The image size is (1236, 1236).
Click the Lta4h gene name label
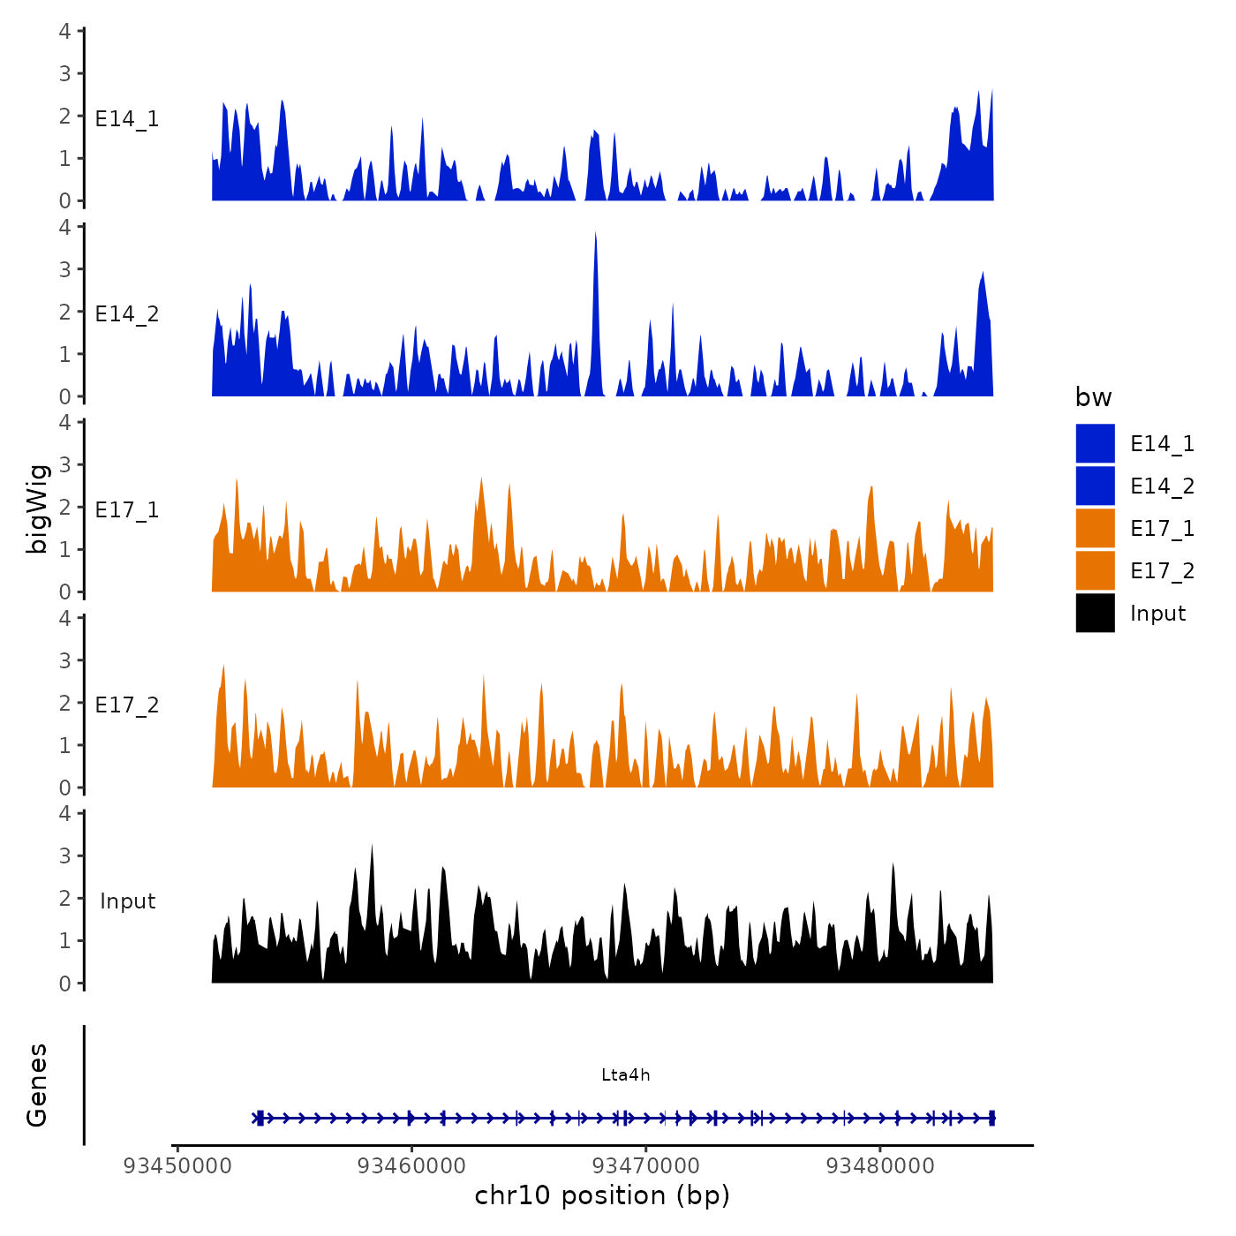tap(625, 1074)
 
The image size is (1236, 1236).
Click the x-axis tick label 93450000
tap(177, 1165)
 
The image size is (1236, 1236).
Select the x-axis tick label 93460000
tap(411, 1165)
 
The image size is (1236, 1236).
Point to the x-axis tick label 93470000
tap(645, 1165)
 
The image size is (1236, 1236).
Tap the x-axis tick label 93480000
tap(879, 1165)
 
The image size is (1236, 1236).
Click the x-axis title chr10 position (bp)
tap(602, 1195)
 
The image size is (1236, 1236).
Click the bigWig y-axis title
tap(37, 509)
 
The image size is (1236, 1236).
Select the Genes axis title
tap(37, 1085)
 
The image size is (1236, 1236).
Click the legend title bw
tap(1093, 397)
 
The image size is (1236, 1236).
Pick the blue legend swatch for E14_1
tap(1095, 443)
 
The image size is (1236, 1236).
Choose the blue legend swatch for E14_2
tap(1095, 486)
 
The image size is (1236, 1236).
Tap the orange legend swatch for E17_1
tap(1095, 528)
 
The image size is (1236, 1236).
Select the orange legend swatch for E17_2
tap(1095, 570)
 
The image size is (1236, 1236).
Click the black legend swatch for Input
tap(1095, 613)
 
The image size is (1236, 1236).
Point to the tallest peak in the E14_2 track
tap(596, 234)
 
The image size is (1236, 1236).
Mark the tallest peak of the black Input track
tap(372, 847)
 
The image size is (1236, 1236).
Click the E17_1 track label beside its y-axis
tap(127, 509)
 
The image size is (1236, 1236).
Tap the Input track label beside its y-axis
tap(127, 901)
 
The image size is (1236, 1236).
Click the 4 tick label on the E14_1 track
tap(65, 31)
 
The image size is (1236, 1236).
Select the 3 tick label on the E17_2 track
tap(65, 660)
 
